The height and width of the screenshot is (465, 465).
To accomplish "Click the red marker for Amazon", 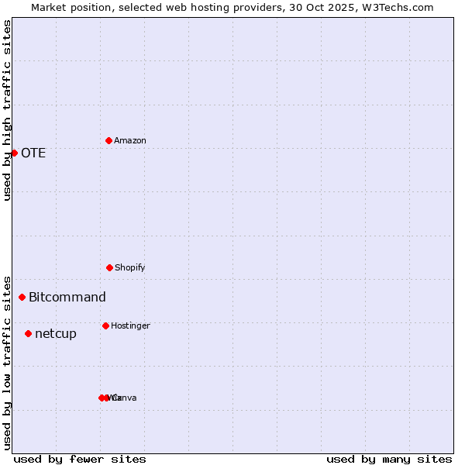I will point(109,140).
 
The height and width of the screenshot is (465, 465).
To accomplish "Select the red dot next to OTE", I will point(14,153).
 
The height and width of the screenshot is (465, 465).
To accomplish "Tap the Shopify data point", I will point(109,267).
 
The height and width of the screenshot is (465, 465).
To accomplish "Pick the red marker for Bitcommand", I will point(22,297).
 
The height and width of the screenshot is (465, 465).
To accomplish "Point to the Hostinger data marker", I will point(105,325).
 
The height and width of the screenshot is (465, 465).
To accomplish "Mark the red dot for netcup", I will point(28,333).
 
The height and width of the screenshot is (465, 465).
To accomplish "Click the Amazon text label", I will point(130,140).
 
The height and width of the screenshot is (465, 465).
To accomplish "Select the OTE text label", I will point(33,153).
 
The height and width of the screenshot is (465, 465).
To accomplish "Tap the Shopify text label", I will point(130,267).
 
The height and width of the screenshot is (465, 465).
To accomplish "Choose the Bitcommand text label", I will point(67,297).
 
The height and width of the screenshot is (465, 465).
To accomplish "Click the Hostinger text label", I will point(130,325).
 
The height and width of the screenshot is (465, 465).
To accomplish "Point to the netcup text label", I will point(56,333).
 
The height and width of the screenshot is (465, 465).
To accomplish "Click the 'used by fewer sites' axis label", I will point(80,459).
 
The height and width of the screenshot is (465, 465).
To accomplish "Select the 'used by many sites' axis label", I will point(389,459).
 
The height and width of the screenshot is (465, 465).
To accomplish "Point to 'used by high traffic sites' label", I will point(7,110).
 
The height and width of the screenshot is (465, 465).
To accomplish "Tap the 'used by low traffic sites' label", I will point(7,362).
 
